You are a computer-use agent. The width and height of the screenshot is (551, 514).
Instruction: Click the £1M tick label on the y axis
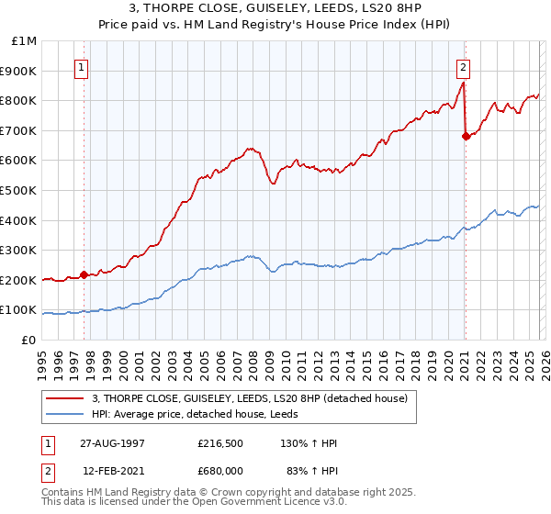tap(24, 41)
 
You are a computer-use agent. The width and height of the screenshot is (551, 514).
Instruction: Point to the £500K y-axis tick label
tap(19, 190)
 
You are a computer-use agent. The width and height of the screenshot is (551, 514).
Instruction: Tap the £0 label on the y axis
tap(29, 340)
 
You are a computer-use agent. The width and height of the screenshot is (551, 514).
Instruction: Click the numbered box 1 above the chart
tap(83, 66)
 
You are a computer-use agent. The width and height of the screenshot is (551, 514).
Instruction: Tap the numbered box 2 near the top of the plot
tap(464, 66)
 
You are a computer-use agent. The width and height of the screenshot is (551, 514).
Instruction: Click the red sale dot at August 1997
tap(84, 274)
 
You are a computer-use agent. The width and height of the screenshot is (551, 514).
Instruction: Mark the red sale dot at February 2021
tap(466, 137)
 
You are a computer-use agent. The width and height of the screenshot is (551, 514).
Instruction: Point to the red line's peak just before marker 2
tap(463, 83)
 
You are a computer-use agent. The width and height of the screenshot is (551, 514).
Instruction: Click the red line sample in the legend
tap(65, 397)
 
